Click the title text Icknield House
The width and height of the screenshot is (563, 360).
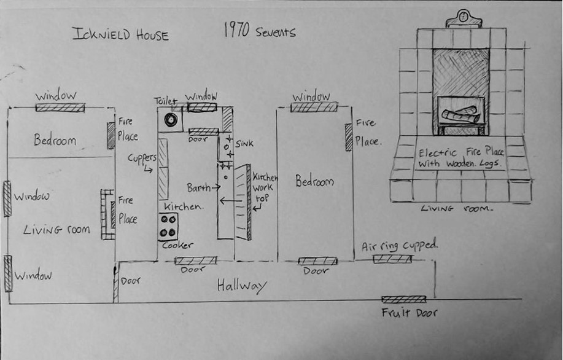point(120,34)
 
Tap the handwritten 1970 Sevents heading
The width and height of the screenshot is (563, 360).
point(258,31)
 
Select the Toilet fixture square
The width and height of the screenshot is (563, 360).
point(169,119)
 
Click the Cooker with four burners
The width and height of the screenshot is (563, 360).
point(169,227)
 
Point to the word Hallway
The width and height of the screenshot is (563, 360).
point(242,286)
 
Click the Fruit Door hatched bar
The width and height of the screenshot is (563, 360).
point(403,299)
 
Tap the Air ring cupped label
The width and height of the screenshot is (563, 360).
point(399,246)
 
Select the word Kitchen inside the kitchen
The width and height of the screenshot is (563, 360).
point(183,207)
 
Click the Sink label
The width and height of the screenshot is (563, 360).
point(244,143)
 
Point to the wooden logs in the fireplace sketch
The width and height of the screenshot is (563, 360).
point(460,115)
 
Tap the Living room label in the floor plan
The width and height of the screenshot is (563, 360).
point(56,230)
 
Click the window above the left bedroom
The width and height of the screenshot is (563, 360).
point(60,108)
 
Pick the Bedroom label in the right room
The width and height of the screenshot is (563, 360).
point(314,182)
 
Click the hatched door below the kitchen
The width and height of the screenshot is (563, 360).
point(195,260)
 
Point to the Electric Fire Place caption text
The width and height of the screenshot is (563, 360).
point(460,158)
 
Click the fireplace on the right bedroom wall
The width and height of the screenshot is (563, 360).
point(349,136)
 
